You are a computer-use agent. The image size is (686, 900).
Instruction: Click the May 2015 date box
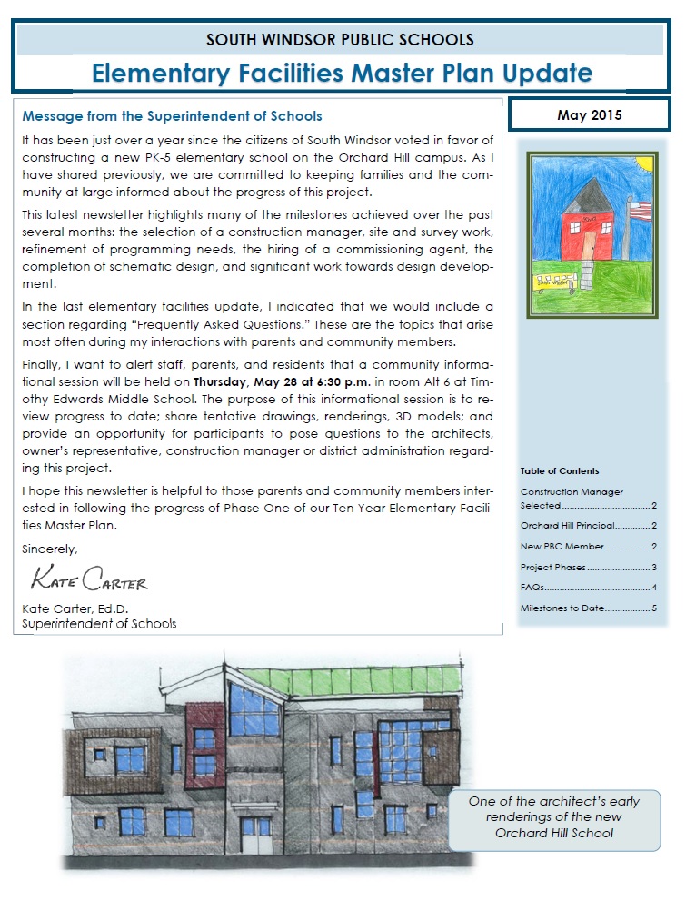[588, 115]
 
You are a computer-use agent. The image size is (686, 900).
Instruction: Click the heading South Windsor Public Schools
[340, 40]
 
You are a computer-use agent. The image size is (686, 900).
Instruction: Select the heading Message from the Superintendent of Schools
[172, 116]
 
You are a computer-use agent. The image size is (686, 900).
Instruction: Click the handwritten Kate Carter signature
[88, 579]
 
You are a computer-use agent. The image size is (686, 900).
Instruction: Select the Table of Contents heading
[560, 471]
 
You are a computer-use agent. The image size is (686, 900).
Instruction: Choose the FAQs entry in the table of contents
[588, 588]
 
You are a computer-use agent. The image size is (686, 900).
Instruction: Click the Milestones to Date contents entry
[588, 608]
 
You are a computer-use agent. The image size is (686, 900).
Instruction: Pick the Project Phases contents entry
[588, 568]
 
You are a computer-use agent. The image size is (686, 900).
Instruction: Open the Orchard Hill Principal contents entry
[588, 526]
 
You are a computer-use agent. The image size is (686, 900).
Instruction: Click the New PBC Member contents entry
[588, 547]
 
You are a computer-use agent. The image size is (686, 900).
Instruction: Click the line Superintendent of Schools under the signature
[100, 624]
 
